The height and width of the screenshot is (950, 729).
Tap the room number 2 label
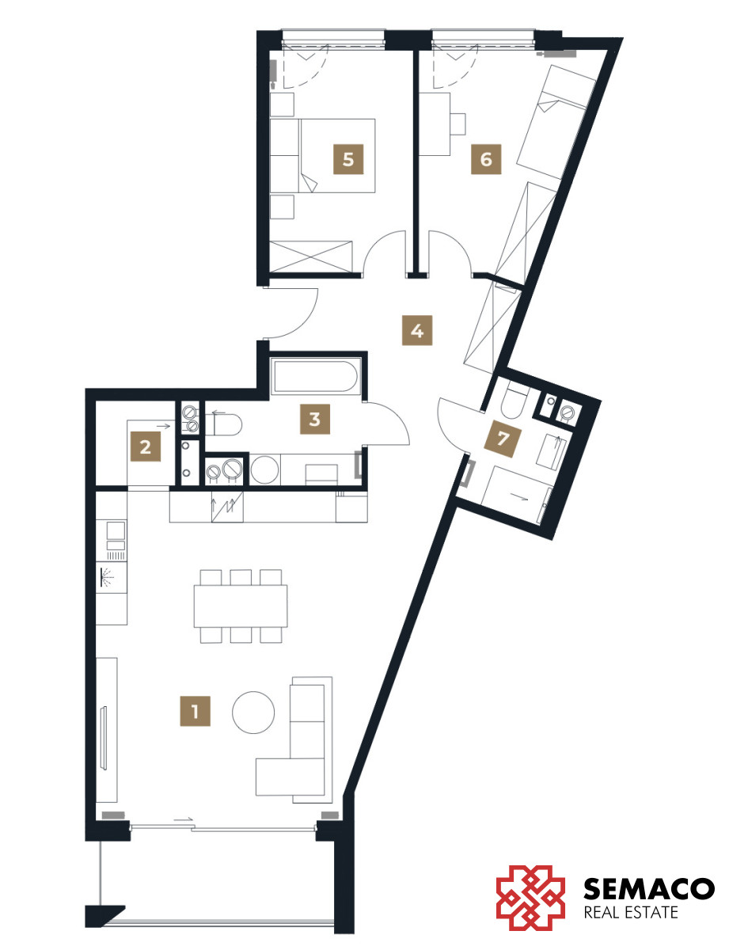146,446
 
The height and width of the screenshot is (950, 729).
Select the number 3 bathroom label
315,419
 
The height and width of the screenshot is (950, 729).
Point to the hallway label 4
417,330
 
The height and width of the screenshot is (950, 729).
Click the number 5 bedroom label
348,159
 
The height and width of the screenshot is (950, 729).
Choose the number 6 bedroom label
486,159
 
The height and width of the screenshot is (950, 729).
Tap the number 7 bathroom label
503,438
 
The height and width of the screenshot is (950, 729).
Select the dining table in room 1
241,606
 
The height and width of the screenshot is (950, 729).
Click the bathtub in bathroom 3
317,375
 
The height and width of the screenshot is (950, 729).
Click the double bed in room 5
337,156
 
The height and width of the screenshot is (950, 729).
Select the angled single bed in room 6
556,121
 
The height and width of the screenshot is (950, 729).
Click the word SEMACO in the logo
648,888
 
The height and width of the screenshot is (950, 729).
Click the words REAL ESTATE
631,912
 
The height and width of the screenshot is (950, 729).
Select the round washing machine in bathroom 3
264,469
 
